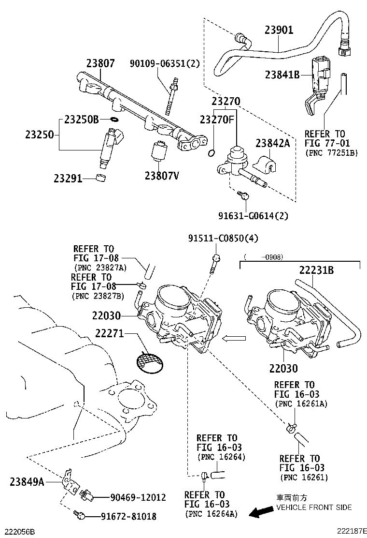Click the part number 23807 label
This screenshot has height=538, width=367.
(100, 63)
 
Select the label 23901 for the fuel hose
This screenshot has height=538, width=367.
(279, 30)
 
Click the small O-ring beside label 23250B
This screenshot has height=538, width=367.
(114, 119)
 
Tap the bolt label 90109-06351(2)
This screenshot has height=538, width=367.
(164, 63)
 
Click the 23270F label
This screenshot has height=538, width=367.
(217, 119)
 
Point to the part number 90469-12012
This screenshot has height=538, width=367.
(138, 497)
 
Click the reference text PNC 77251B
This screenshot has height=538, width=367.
(331, 152)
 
